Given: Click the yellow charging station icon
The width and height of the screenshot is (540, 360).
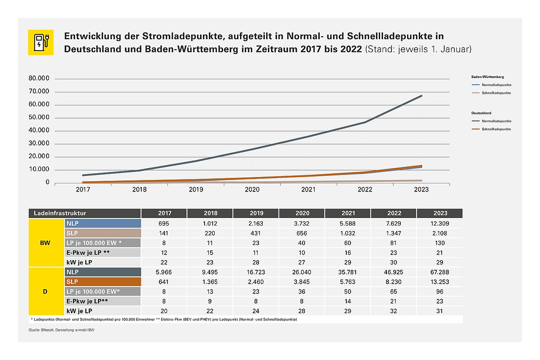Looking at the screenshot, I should click(41, 42).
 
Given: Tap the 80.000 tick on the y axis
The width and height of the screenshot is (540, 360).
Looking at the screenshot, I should click(39, 78).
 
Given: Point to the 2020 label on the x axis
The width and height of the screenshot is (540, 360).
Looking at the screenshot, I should click(252, 190).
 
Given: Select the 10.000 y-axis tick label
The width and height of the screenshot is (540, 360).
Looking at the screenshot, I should click(39, 170).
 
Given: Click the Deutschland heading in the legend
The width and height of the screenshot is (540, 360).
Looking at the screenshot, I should click(481, 113).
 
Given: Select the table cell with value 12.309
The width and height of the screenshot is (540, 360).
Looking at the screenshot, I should click(439, 223).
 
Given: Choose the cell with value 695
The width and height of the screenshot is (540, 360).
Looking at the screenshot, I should click(165, 223).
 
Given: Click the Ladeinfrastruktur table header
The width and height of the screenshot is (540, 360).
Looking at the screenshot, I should click(84, 213).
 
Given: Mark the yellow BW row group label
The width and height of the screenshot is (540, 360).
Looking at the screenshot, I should click(45, 243).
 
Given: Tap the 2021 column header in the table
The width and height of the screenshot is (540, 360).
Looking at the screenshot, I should click(348, 213).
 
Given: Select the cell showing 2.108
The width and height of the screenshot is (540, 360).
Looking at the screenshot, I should click(439, 233).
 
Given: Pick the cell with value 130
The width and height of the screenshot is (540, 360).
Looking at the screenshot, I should click(439, 243).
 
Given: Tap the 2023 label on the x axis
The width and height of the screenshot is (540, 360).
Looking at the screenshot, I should click(421, 190).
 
